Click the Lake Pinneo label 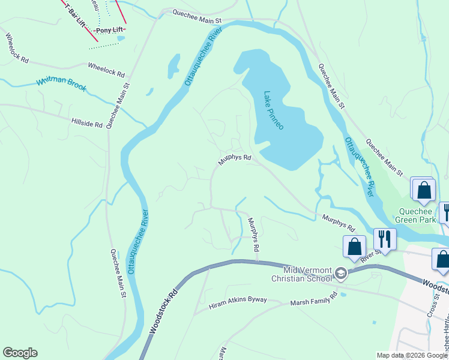tap(273, 110)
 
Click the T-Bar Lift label tap(75, 11)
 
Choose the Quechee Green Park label tap(418, 215)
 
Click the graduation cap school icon tap(341, 274)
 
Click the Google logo tap(20, 353)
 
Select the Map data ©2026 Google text tap(412, 355)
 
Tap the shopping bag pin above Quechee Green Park tap(423, 189)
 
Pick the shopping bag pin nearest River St tap(354, 246)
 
